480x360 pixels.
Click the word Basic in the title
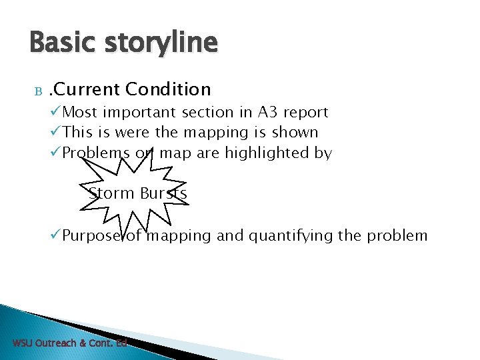coord(63,42)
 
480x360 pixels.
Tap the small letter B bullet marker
coord(38,91)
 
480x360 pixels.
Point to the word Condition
coord(168,89)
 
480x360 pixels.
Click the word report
coord(305,113)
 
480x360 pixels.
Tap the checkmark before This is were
coord(56,133)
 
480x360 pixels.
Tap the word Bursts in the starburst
coord(163,193)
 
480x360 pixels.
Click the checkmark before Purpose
coord(56,235)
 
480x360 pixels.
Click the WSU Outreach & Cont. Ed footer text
coord(70,343)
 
